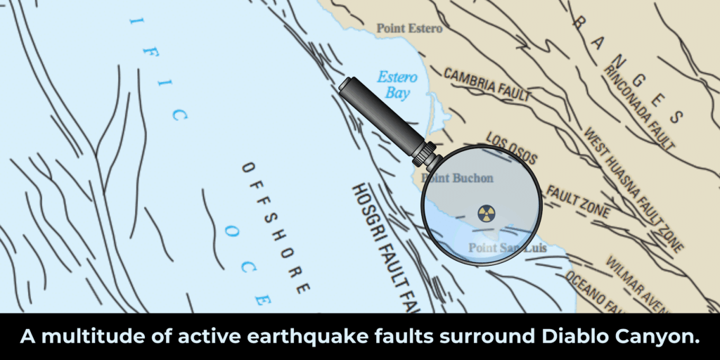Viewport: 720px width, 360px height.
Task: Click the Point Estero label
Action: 409,29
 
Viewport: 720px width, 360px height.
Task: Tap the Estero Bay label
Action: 397,84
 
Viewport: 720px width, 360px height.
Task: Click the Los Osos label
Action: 512,148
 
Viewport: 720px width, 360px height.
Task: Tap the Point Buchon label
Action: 458,179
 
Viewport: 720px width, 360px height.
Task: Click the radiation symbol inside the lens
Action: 486,213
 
